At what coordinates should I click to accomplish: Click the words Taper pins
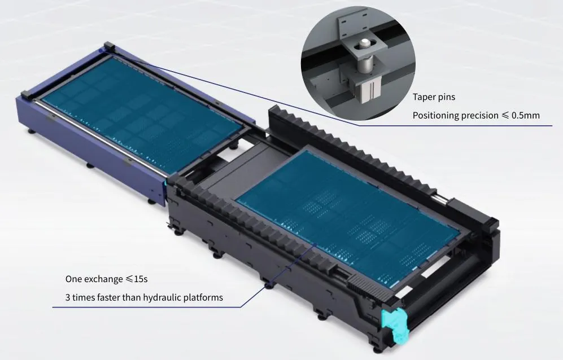tap(434, 97)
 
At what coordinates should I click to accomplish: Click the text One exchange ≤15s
tap(106, 279)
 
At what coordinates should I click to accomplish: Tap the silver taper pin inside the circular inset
tap(365, 57)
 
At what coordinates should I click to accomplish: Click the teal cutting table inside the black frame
tap(347, 218)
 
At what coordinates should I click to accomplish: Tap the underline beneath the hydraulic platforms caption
tap(146, 307)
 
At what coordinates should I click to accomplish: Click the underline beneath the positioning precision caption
tap(456, 126)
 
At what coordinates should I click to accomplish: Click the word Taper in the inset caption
tap(422, 97)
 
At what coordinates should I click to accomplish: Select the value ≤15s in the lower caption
tap(137, 279)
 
